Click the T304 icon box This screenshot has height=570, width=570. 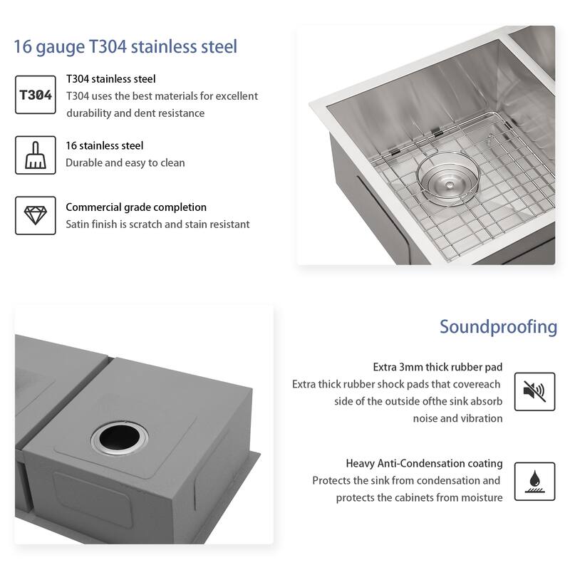pyautogui.click(x=35, y=94)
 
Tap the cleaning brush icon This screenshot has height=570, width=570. pyautogui.click(x=35, y=154)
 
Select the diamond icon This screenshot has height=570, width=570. pyautogui.click(x=35, y=214)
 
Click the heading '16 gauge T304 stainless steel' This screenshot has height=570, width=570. pyautogui.click(x=125, y=47)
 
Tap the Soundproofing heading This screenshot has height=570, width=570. pyautogui.click(x=498, y=326)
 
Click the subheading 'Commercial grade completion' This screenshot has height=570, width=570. pyautogui.click(x=136, y=207)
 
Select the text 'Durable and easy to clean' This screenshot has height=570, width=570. pyautogui.click(x=125, y=162)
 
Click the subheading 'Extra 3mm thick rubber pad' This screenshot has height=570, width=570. pyautogui.click(x=437, y=367)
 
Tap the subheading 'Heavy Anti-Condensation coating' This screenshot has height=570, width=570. pyautogui.click(x=424, y=463)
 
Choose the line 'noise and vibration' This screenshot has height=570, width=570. pyautogui.click(x=457, y=418)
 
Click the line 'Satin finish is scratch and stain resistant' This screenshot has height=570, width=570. pyautogui.click(x=157, y=224)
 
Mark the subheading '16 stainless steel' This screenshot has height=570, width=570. pyautogui.click(x=105, y=145)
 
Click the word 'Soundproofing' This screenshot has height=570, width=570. pyautogui.click(x=498, y=326)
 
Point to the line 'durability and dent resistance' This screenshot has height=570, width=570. pyautogui.click(x=135, y=113)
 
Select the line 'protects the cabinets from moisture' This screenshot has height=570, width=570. pyautogui.click(x=419, y=497)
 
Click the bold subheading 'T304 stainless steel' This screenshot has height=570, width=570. pyautogui.click(x=110, y=79)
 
